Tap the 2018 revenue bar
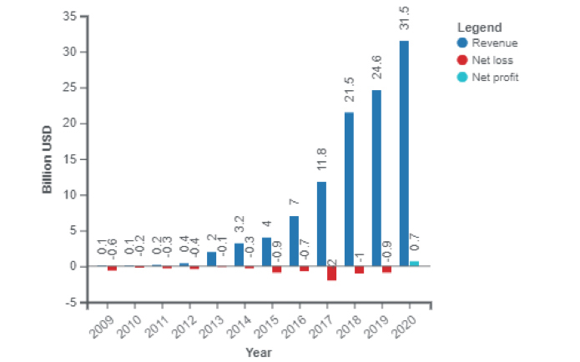[x=349, y=189]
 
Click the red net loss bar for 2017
[x=331, y=274]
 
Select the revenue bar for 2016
[x=294, y=241]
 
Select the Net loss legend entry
[x=498, y=59]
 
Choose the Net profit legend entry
[x=498, y=77]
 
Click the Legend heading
[x=479, y=27]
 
